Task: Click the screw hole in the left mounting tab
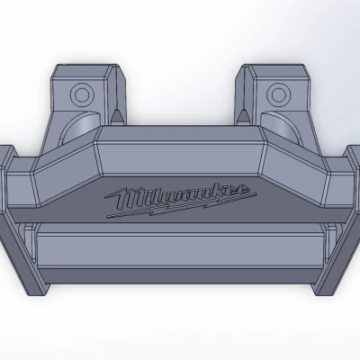[x=83, y=93]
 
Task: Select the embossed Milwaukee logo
[x=180, y=197]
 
